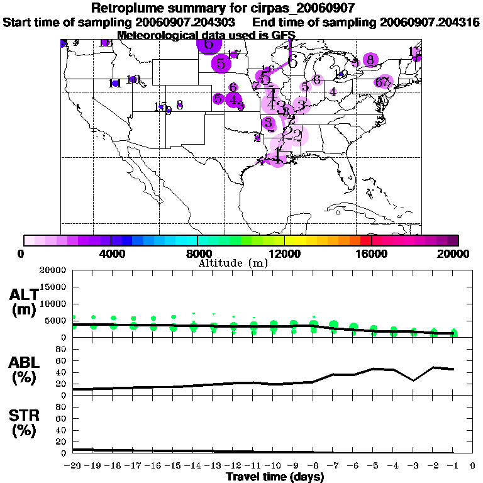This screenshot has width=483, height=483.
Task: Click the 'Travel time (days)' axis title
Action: click(275, 477)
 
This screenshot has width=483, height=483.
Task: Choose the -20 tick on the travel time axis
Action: click(74, 467)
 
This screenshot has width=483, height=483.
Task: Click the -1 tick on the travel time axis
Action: click(453, 467)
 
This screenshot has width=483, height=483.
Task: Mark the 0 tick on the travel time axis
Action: click(473, 467)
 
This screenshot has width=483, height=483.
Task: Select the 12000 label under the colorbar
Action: click(285, 253)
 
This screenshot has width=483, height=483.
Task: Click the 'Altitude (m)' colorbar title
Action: click(233, 262)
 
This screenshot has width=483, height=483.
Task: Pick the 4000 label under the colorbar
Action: click(111, 253)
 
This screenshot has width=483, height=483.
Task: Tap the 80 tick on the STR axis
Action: click(62, 407)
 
